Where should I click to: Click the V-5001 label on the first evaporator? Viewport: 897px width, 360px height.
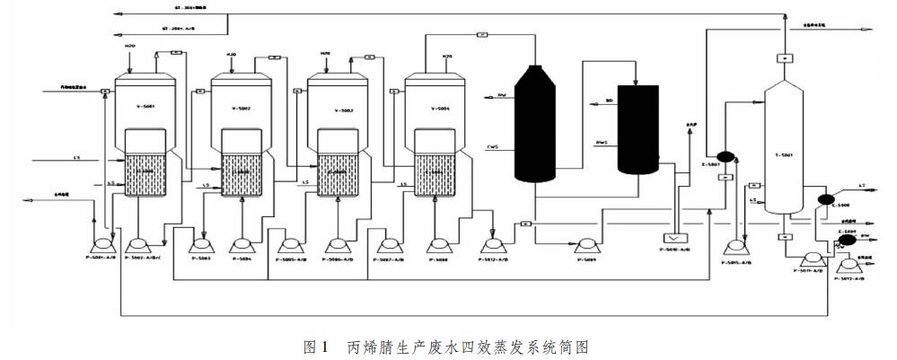145,108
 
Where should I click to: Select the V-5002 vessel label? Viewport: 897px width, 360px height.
240,109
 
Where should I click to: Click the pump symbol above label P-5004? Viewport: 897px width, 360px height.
242,243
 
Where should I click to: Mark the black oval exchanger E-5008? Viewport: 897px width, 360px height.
827,199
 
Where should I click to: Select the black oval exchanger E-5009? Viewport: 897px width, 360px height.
846,240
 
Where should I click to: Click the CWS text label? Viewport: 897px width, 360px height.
493,147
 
